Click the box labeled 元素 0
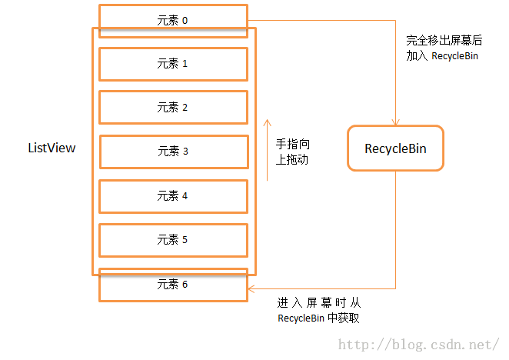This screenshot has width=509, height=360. (x=173, y=20)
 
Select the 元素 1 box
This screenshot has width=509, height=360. (x=173, y=64)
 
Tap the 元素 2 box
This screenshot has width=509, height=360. (x=173, y=108)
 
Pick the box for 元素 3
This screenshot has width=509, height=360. (x=173, y=152)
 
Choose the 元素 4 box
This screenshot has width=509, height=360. (x=173, y=196)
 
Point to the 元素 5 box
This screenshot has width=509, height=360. (x=173, y=240)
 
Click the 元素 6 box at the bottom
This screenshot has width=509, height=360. (x=173, y=285)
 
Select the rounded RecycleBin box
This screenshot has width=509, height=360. (x=395, y=148)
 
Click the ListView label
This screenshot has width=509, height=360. (x=52, y=148)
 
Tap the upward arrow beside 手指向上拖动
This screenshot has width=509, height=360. (x=267, y=149)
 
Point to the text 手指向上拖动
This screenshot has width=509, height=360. (x=293, y=152)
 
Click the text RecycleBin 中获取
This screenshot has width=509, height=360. (x=318, y=318)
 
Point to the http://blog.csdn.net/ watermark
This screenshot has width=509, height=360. (x=420, y=344)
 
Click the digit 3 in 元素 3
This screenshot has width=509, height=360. (x=185, y=152)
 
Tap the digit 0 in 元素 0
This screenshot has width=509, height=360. (x=185, y=20)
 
